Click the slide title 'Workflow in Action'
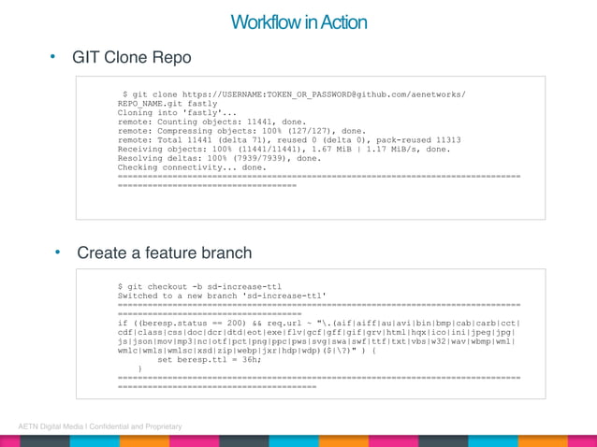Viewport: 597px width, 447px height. [x=298, y=22]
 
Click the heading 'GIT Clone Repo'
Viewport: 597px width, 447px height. [x=132, y=58]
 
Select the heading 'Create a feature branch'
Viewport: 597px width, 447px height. [x=165, y=252]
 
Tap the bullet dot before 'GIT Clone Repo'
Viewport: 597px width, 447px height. [x=53, y=57]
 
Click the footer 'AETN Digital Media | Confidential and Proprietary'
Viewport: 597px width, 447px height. [x=100, y=426]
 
